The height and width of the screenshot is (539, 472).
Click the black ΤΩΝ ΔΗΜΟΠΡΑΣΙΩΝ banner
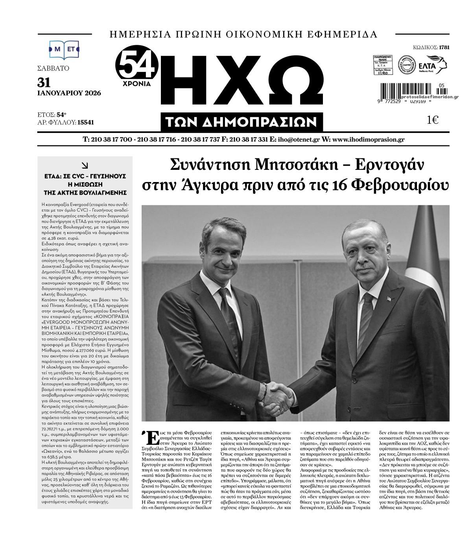point(242,122)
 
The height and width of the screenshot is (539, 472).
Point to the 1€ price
point(433,120)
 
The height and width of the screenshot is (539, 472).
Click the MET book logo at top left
point(64,49)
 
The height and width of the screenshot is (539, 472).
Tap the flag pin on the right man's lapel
point(391,300)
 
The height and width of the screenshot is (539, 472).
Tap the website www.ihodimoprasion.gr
point(367,140)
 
